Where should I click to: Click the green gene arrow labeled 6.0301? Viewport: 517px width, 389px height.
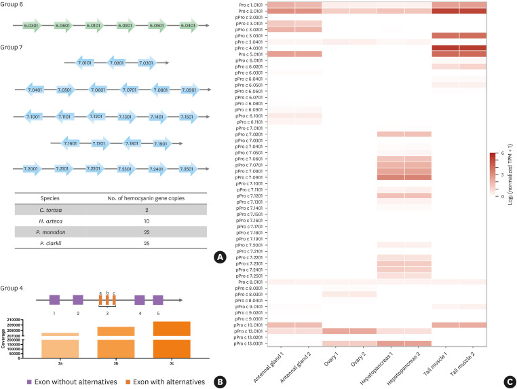tap(29, 25)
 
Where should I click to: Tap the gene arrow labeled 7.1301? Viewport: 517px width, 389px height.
tap(125, 117)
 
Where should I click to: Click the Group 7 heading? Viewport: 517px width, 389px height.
tap(14, 48)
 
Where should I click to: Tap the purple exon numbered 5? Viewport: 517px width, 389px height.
tap(158, 299)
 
